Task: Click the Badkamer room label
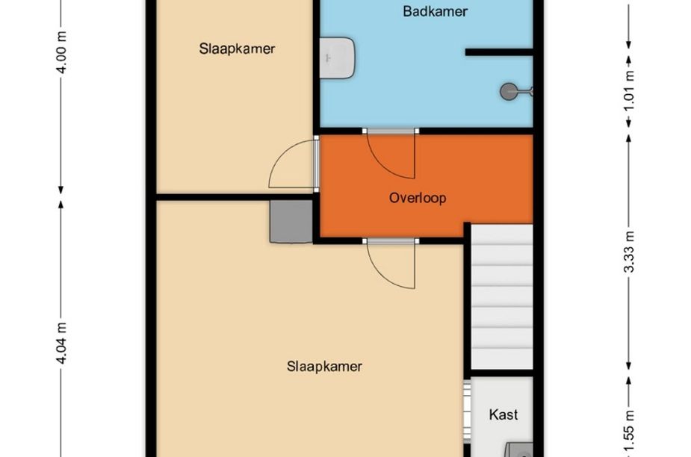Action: pyautogui.click(x=435, y=11)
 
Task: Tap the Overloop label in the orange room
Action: pyautogui.click(x=418, y=198)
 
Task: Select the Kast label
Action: pyautogui.click(x=503, y=414)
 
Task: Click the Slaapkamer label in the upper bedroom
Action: pyautogui.click(x=237, y=49)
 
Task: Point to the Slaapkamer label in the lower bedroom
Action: pyautogui.click(x=324, y=366)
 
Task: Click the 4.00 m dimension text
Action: pyautogui.click(x=62, y=52)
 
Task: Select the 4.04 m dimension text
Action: pyautogui.click(x=62, y=343)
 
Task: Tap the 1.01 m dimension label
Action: pyautogui.click(x=630, y=91)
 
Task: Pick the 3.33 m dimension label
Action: pyautogui.click(x=630, y=252)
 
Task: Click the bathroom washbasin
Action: pyautogui.click(x=337, y=57)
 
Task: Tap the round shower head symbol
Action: pyautogui.click(x=508, y=92)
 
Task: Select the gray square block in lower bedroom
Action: pyautogui.click(x=291, y=221)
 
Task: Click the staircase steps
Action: pyautogui.click(x=502, y=296)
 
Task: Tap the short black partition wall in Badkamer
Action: pyautogui.click(x=499, y=52)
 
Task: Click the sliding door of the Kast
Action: pyautogui.click(x=467, y=412)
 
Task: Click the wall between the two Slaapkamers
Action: pyautogui.click(x=235, y=197)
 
